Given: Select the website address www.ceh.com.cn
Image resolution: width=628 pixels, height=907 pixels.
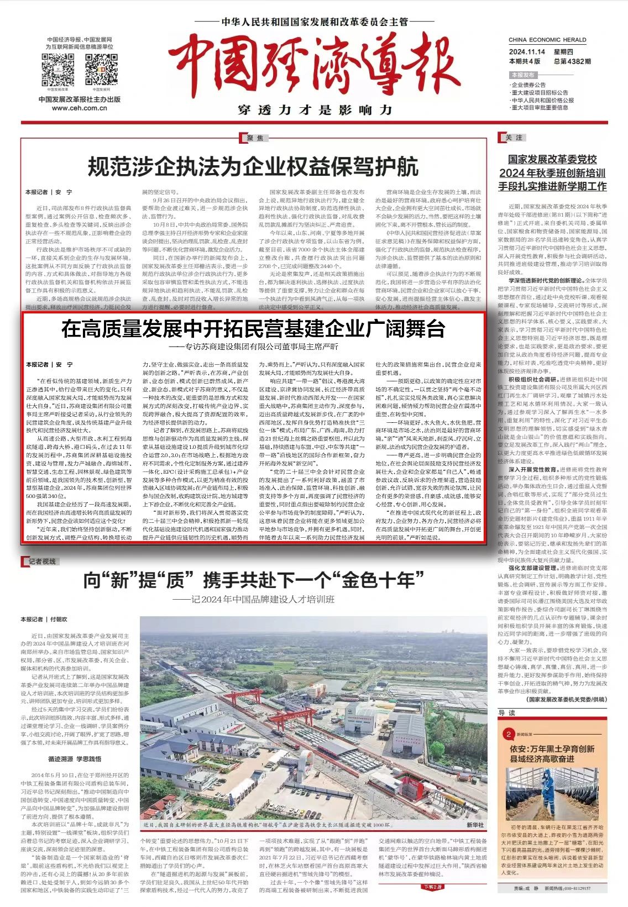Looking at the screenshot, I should point(80,108).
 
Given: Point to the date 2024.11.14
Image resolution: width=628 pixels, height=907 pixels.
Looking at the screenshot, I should point(527,52).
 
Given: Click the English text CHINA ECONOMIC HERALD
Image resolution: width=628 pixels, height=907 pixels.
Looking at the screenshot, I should point(547,40).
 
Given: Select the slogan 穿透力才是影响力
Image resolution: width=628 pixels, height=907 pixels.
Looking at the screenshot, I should point(315,110).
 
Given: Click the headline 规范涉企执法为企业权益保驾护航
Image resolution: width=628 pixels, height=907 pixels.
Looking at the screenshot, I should point(253,166).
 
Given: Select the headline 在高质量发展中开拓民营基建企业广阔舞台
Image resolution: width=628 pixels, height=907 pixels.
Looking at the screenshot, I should point(253,329).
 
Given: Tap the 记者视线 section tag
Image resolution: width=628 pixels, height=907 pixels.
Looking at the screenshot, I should point(42,562).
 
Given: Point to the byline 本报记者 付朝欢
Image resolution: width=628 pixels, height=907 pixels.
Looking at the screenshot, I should point(44,619).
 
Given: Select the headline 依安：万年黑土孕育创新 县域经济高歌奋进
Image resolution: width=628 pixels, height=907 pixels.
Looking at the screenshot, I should point(552,754).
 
